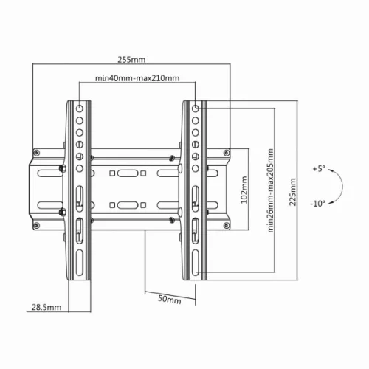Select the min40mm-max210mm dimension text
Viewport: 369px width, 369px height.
(x=137, y=78)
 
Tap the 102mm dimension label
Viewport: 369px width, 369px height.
(x=243, y=189)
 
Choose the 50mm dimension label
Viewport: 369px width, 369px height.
(x=170, y=300)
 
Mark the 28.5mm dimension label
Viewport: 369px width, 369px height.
(x=46, y=306)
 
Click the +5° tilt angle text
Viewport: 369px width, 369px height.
(x=318, y=169)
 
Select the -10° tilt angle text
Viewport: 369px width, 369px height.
(x=318, y=203)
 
